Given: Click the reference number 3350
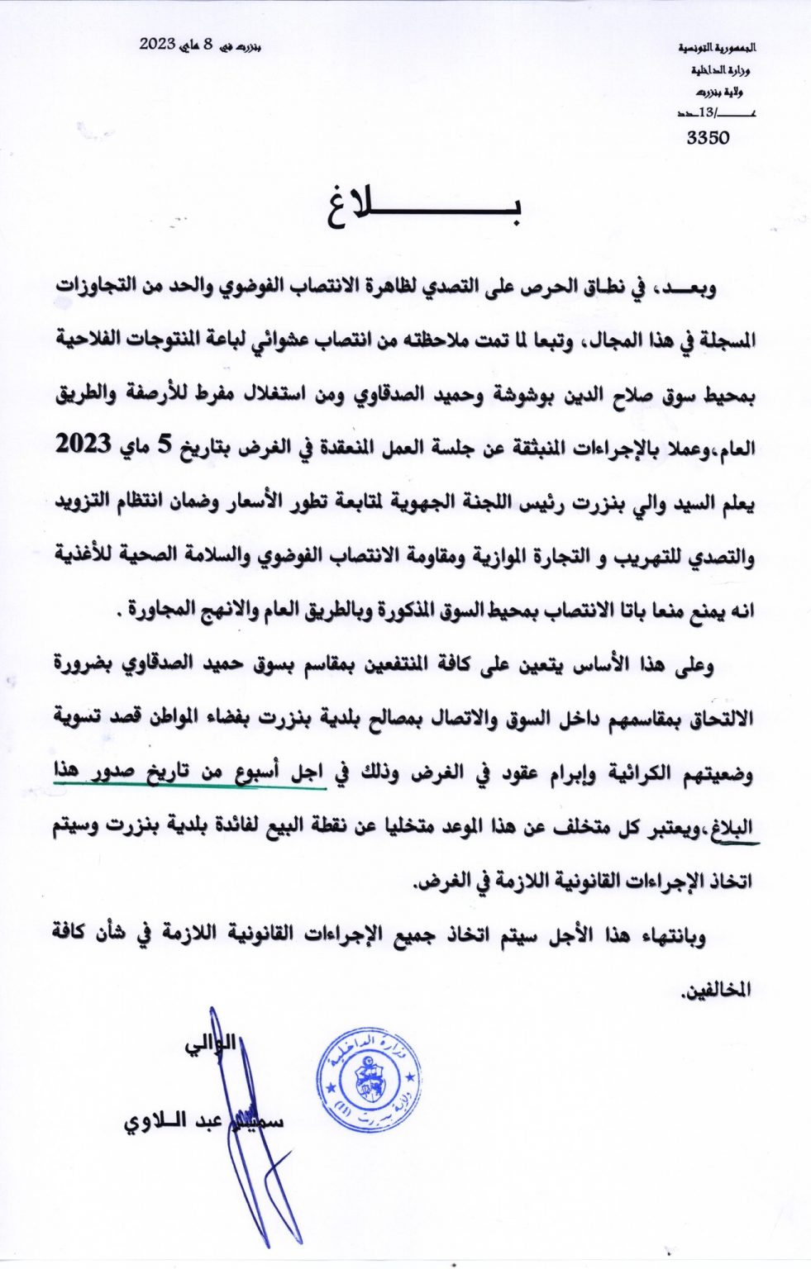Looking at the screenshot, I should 708,138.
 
